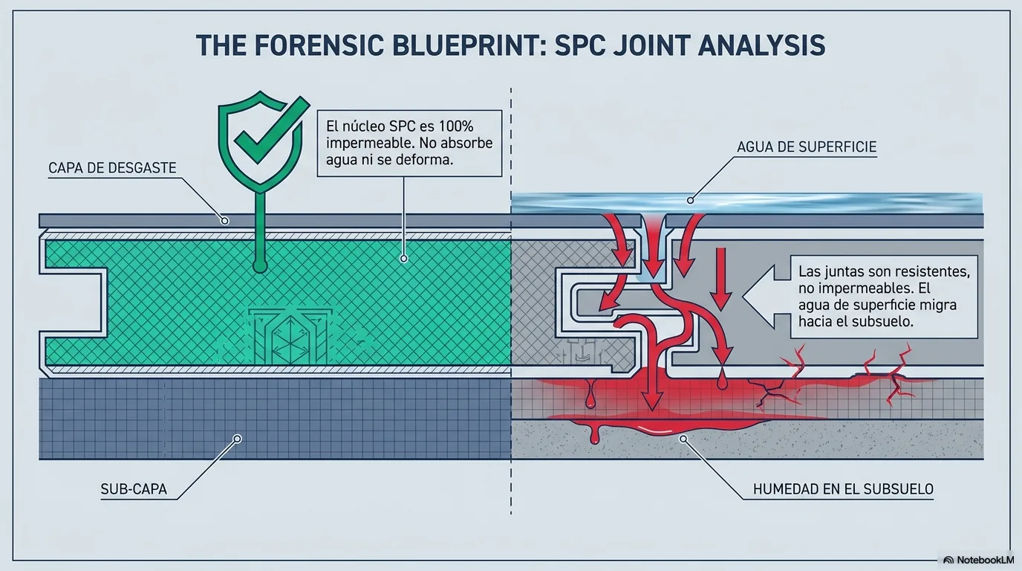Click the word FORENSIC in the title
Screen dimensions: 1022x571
pyautogui.click(x=318, y=45)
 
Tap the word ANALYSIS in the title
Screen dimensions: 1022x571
pyautogui.click(x=759, y=45)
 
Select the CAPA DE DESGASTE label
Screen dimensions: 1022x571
pyautogui.click(x=112, y=168)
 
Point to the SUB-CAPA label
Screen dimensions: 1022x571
pyautogui.click(x=134, y=489)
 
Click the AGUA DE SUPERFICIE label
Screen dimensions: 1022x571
pyautogui.click(x=807, y=147)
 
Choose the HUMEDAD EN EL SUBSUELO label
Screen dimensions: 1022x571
pyautogui.click(x=843, y=489)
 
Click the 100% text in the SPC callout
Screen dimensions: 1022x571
pyautogui.click(x=456, y=126)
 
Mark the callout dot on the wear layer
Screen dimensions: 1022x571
pyautogui.click(x=224, y=221)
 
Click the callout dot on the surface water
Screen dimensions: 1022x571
pyautogui.click(x=690, y=201)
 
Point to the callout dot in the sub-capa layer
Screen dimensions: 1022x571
pyautogui.click(x=237, y=439)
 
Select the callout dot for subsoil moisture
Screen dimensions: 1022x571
pyautogui.click(x=683, y=439)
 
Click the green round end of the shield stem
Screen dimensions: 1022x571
pyautogui.click(x=260, y=266)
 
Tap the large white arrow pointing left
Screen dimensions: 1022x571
pyautogui.click(x=766, y=297)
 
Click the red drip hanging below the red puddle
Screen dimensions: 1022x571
pyautogui.click(x=594, y=436)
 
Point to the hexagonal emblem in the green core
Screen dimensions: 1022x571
pyautogui.click(x=290, y=338)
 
